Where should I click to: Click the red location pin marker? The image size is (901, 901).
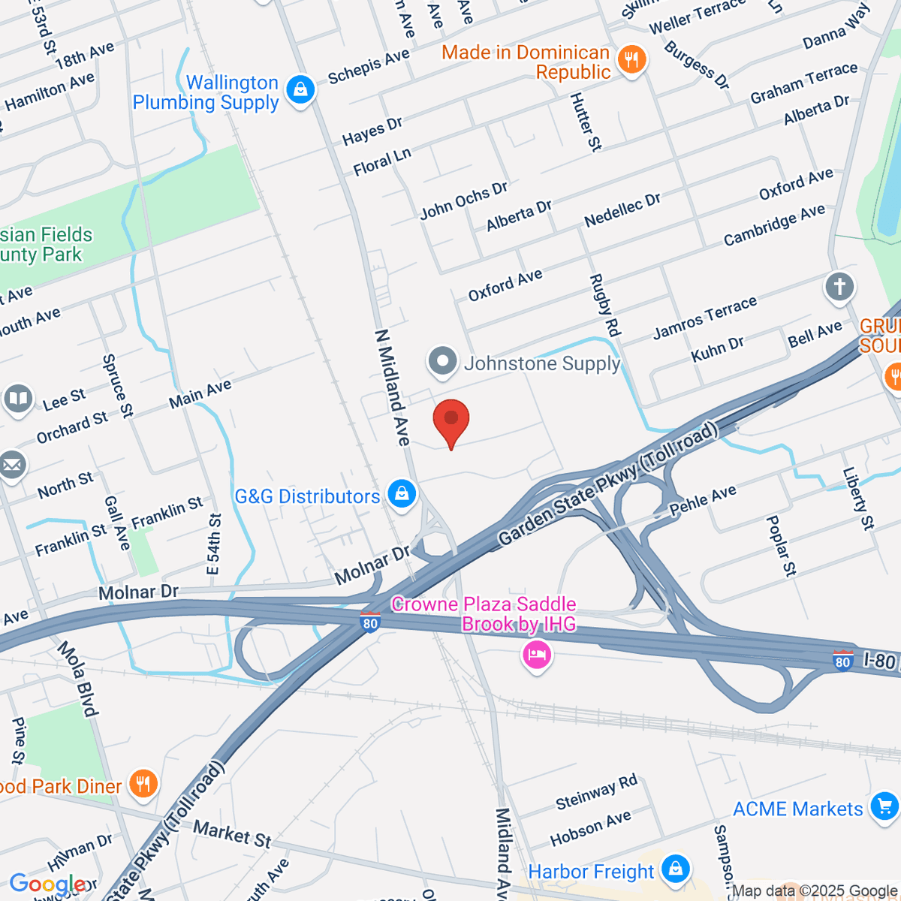tap(451, 420)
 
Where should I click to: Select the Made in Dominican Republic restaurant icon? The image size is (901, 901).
tap(631, 60)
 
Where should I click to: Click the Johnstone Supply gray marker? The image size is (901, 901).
tap(443, 361)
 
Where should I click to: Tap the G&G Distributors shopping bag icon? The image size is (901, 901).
tap(402, 494)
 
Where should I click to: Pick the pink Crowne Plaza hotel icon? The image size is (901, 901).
tap(537, 655)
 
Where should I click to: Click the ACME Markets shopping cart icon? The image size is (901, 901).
tap(884, 807)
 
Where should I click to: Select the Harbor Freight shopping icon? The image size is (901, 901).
tap(676, 869)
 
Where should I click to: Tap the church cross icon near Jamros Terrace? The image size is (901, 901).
tap(839, 287)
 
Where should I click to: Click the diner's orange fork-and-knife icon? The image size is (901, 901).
tap(142, 784)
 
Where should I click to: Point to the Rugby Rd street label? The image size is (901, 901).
tap(605, 305)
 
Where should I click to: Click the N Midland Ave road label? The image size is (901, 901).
tap(393, 387)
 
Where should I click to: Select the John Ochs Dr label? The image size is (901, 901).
tap(464, 200)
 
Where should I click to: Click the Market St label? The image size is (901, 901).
tap(232, 834)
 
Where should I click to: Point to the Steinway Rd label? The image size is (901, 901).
tap(596, 792)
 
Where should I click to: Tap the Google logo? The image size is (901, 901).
tap(47, 884)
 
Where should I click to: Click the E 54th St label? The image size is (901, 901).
tap(215, 544)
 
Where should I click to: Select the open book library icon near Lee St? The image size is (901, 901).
tap(18, 399)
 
